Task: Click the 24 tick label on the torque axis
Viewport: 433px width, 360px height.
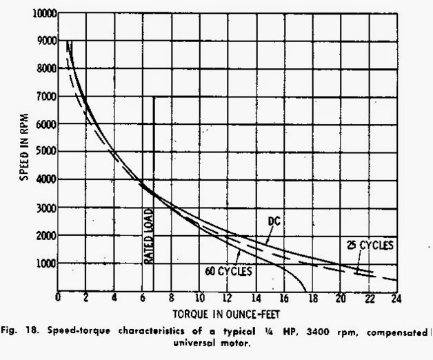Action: [x=396, y=299]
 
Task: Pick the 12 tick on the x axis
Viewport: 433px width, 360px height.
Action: [x=227, y=299]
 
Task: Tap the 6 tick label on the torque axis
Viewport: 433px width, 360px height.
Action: [x=142, y=299]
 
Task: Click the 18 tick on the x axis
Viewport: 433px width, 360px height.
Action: [x=312, y=299]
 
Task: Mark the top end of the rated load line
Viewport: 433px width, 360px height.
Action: [x=153, y=97]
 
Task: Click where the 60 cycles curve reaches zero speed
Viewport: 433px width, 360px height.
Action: [x=305, y=290]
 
